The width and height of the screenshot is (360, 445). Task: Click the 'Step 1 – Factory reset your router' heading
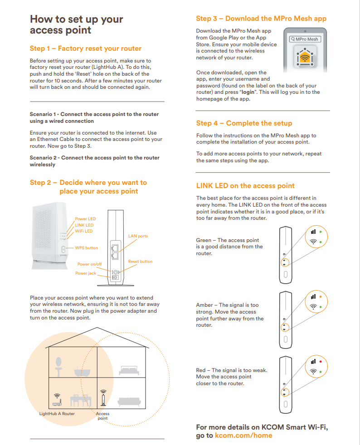click(x=86, y=48)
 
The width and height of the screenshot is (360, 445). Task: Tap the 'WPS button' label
click(x=86, y=248)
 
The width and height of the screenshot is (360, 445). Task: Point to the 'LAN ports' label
click(x=138, y=236)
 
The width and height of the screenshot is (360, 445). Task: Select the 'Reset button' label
click(x=140, y=261)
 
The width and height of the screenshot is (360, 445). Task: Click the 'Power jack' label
click(x=86, y=273)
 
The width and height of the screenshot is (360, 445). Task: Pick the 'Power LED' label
click(x=85, y=219)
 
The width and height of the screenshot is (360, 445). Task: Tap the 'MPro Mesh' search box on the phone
click(x=305, y=39)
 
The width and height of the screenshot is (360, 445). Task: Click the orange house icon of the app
click(x=304, y=57)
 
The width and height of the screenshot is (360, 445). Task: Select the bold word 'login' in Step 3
click(x=248, y=92)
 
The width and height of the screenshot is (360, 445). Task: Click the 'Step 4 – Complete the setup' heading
click(x=244, y=123)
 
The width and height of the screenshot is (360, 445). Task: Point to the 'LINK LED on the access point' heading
click(x=245, y=186)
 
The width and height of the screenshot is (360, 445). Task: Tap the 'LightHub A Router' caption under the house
click(x=57, y=414)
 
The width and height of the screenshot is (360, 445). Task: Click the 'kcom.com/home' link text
click(x=243, y=435)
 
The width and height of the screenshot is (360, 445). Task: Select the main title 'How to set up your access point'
click(x=76, y=25)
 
